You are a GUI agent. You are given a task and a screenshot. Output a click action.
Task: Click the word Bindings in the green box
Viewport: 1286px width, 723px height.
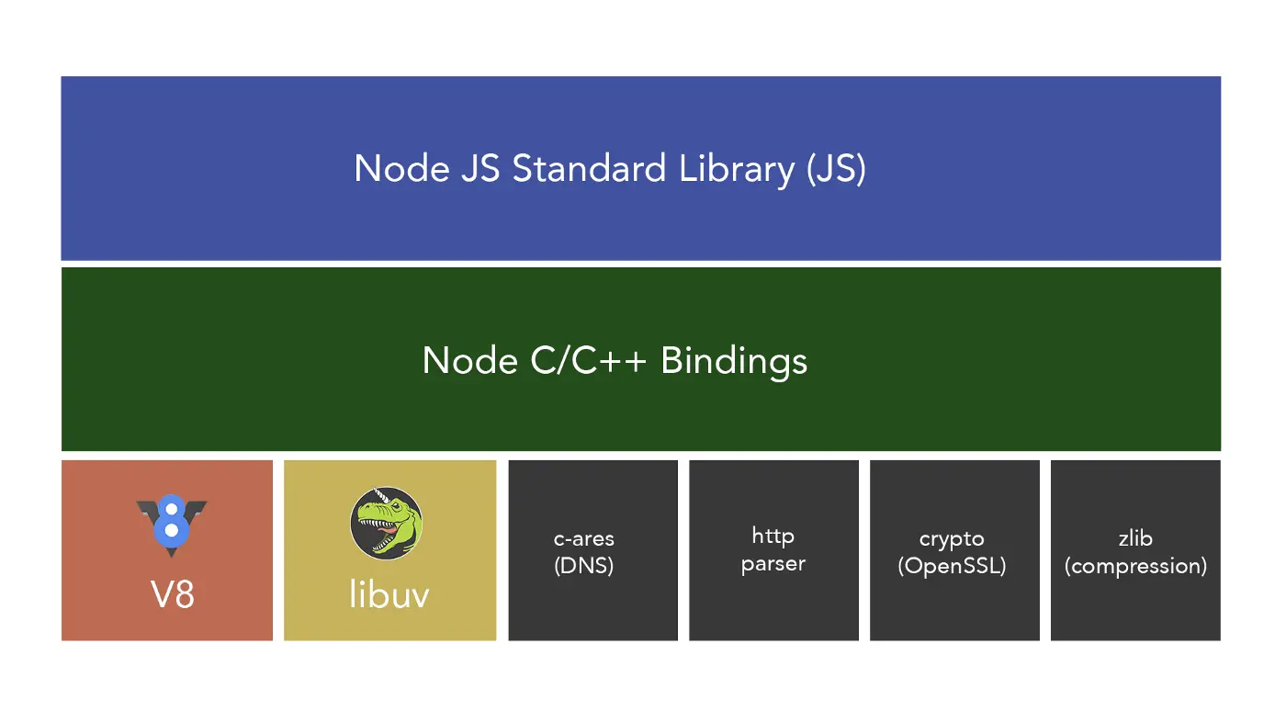[x=734, y=360]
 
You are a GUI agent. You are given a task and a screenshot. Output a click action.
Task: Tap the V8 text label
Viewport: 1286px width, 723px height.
[x=172, y=594]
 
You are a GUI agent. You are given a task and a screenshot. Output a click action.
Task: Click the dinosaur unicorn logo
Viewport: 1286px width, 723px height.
[x=387, y=523]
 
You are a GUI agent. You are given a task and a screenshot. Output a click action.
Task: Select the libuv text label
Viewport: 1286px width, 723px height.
[x=389, y=594]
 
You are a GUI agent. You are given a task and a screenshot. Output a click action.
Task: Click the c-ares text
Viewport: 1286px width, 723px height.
[x=584, y=538]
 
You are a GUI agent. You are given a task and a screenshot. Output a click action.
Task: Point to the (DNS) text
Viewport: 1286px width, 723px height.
[x=584, y=565]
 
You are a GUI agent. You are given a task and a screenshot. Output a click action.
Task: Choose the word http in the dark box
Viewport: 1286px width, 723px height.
[x=773, y=536]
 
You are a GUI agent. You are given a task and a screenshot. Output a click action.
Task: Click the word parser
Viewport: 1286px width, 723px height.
[x=773, y=564]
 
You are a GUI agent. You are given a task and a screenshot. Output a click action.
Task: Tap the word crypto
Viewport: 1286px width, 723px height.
[x=952, y=539]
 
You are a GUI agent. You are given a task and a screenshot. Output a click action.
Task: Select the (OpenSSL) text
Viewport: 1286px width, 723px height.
[x=952, y=566]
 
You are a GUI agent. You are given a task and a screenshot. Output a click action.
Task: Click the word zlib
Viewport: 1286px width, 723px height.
[x=1135, y=538]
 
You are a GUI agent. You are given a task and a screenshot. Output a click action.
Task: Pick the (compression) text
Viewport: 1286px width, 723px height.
[x=1135, y=566]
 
